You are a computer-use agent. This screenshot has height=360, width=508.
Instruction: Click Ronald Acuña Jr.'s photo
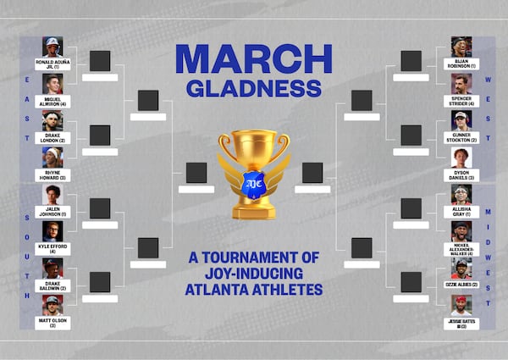point(52,47)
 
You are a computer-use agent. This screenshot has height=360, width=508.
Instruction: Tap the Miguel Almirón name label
point(52,102)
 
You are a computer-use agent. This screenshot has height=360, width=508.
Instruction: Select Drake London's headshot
point(52,120)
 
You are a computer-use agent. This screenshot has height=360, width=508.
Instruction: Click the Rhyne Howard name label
point(52,175)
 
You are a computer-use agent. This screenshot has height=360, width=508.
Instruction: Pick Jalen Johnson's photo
point(52,194)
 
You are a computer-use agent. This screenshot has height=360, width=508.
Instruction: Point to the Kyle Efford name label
point(52,249)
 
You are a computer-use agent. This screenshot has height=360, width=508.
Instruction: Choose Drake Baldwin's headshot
point(52,268)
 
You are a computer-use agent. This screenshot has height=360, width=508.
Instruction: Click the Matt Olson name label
point(52,323)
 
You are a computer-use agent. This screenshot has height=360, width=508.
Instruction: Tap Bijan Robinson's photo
point(461,47)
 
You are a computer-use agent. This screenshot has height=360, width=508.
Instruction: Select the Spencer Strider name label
point(461,102)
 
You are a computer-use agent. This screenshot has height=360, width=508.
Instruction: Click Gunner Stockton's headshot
point(461,120)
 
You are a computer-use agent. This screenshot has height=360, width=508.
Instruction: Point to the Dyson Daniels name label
point(461,175)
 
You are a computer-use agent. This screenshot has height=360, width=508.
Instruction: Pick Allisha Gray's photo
point(461,194)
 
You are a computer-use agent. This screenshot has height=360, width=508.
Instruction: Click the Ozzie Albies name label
point(461,285)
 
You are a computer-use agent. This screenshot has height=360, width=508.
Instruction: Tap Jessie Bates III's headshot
point(461,304)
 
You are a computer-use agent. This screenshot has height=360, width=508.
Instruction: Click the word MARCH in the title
point(253,58)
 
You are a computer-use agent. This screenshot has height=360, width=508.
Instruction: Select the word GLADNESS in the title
point(253,88)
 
